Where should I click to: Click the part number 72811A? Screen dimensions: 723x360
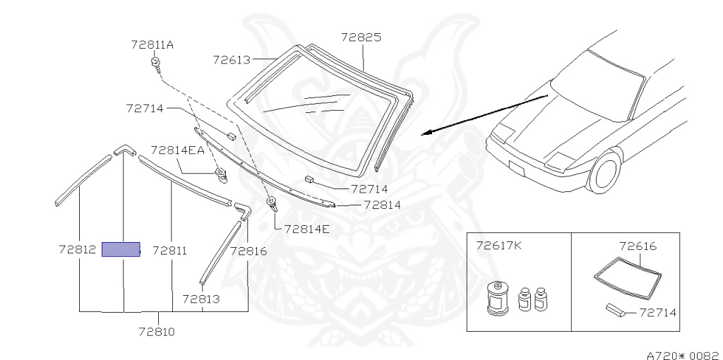pos(152,44)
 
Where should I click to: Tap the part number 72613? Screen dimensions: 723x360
pos(232,60)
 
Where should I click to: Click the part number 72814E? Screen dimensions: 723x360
pos(306,229)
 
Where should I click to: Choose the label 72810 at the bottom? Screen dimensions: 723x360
pos(156,330)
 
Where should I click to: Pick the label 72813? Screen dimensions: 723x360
pos(201,299)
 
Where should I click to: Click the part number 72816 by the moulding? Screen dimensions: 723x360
pos(249,250)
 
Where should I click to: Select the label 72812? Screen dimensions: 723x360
pos(78,250)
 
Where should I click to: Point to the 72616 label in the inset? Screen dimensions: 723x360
pos(638,246)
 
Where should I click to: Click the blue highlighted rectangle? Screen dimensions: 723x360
pos(121,249)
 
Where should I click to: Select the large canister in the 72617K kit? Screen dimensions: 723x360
pos(498,298)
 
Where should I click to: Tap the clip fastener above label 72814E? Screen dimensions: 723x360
pos(272,205)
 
